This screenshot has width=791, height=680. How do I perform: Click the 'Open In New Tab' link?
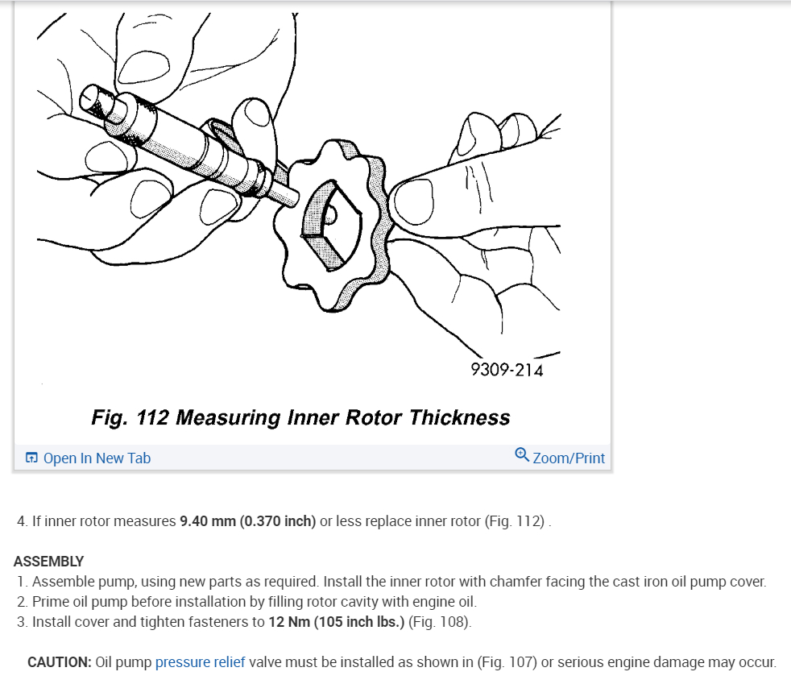[97, 458]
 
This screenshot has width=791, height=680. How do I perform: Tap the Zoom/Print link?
[569, 458]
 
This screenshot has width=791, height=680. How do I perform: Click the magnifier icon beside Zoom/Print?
[522, 455]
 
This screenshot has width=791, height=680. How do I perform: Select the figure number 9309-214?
[507, 370]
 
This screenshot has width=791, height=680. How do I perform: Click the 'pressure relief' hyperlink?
[201, 662]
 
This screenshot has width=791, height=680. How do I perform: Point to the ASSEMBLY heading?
[48, 562]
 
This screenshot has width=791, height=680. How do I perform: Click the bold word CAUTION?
[60, 662]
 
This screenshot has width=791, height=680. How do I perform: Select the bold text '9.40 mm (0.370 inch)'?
[247, 521]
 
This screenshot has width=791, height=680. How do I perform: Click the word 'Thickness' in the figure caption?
[459, 417]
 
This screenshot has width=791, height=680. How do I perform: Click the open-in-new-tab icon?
[31, 458]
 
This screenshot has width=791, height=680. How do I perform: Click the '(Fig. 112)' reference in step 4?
[516, 521]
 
